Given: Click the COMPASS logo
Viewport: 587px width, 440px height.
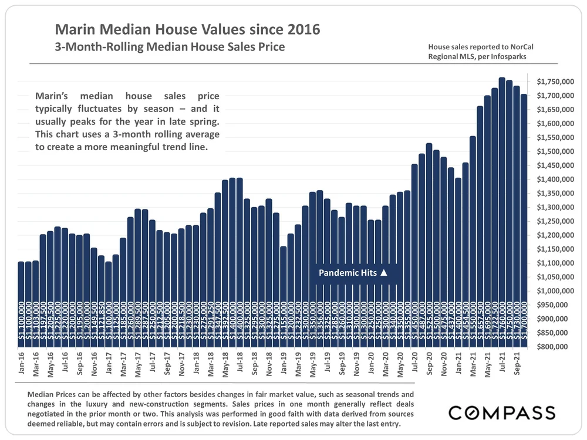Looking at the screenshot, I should [502, 412].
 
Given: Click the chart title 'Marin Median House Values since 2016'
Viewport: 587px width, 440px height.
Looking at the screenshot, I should [187, 29].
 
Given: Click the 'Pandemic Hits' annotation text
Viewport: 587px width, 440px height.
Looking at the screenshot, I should [347, 273].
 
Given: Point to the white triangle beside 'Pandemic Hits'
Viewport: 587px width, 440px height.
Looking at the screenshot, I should [384, 273].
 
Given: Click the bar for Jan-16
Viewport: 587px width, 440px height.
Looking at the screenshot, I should [21, 293].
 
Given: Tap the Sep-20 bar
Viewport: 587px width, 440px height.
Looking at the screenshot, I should [429, 235].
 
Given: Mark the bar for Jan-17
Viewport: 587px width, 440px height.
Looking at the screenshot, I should [109, 293].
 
